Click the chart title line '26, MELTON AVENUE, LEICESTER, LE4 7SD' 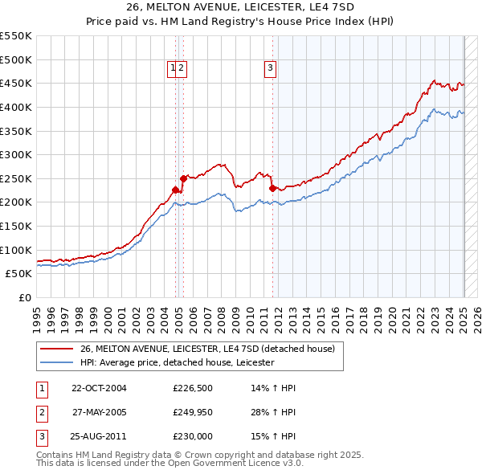click(x=241, y=6)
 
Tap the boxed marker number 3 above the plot click(x=271, y=68)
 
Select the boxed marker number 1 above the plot click(x=173, y=68)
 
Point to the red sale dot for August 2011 click(x=272, y=188)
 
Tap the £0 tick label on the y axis click(x=25, y=297)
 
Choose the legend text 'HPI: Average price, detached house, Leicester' click(x=177, y=362)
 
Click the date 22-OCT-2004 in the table click(x=99, y=388)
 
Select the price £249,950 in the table click(x=191, y=412)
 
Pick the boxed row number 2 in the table click(x=42, y=412)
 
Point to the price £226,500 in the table click(x=191, y=388)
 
